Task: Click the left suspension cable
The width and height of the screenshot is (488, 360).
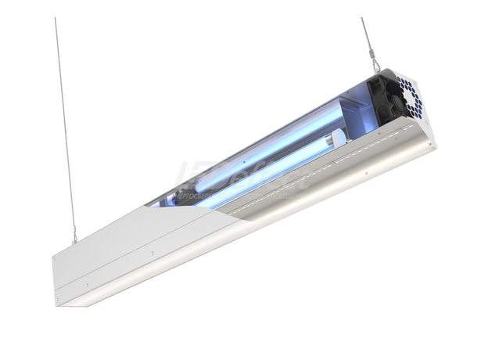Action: coord(65,125)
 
